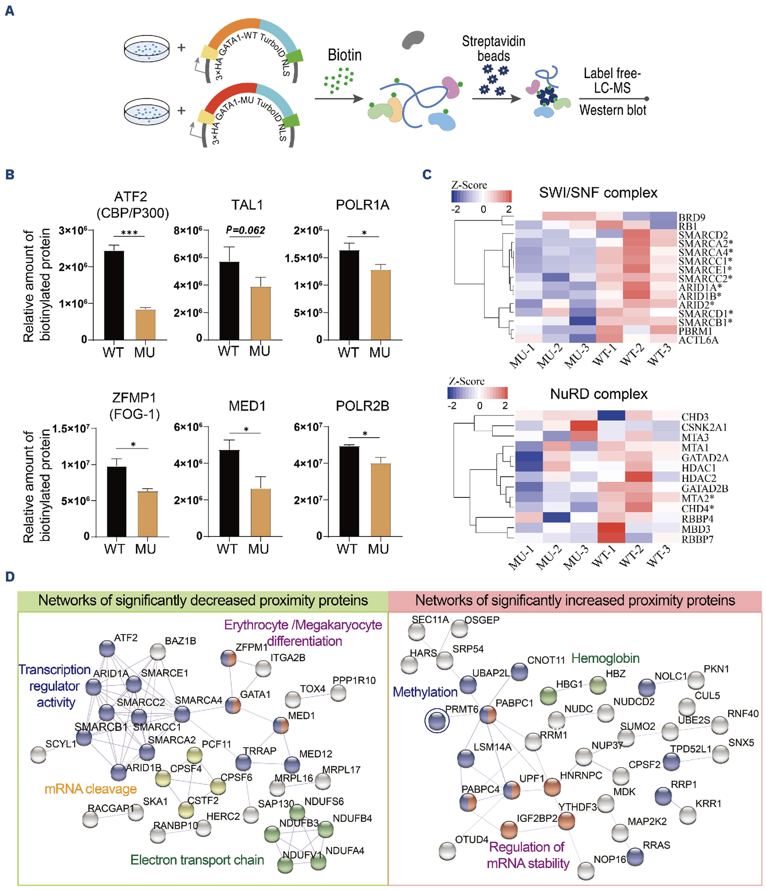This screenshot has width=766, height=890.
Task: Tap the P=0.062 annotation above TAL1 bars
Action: (x=245, y=230)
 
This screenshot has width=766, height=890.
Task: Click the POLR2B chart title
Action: (x=362, y=406)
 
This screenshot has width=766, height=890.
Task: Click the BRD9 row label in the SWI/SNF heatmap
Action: (x=691, y=217)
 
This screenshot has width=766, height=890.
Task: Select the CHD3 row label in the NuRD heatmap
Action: (x=695, y=417)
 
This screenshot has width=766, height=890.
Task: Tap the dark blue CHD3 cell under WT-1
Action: (x=611, y=415)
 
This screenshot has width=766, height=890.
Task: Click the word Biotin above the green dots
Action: (x=345, y=55)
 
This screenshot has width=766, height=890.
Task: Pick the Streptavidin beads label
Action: (x=494, y=48)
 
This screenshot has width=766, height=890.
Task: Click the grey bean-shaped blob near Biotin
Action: (x=413, y=39)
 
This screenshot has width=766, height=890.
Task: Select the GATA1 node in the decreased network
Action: (x=233, y=706)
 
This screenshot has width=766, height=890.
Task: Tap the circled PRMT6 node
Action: (x=437, y=721)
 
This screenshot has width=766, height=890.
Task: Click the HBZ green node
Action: (x=597, y=685)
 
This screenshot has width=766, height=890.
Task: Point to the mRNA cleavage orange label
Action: (x=91, y=789)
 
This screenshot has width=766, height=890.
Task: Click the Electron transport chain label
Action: (x=197, y=860)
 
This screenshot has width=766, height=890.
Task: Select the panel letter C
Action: (x=427, y=174)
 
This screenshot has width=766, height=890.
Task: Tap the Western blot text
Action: (x=613, y=110)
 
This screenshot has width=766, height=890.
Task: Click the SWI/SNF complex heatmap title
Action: (x=598, y=192)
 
